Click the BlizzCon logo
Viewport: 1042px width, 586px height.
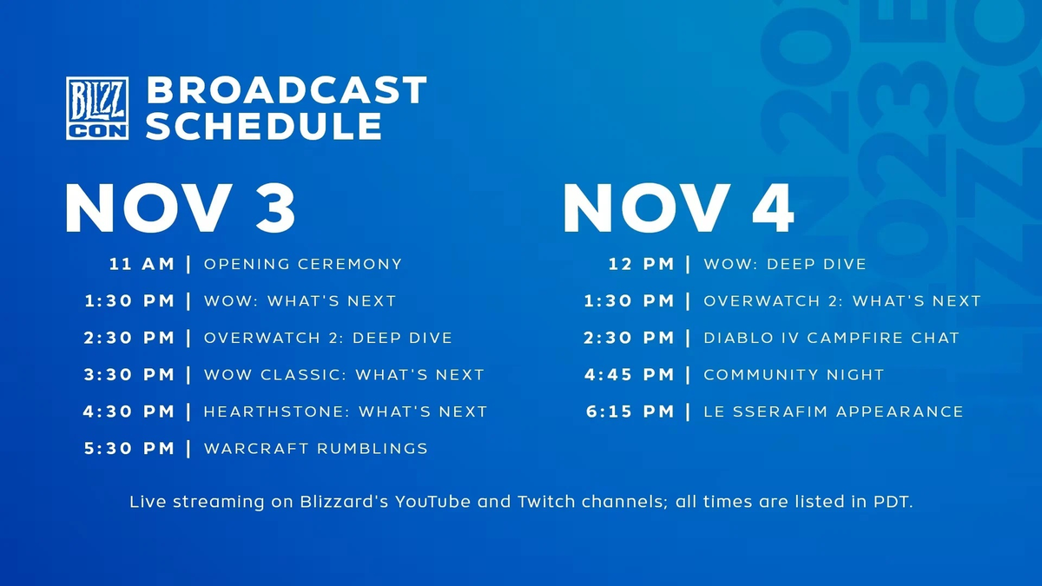pyautogui.click(x=97, y=109)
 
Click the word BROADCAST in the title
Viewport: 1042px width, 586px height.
pyautogui.click(x=287, y=90)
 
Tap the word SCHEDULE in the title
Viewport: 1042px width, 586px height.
pyautogui.click(x=264, y=126)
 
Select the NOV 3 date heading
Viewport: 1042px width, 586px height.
pyautogui.click(x=181, y=208)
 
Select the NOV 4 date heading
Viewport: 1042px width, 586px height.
pyautogui.click(x=678, y=208)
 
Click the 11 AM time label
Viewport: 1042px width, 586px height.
pyautogui.click(x=142, y=264)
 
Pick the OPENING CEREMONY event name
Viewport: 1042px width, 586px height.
pyautogui.click(x=303, y=264)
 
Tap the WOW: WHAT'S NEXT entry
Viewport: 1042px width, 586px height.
pyautogui.click(x=300, y=301)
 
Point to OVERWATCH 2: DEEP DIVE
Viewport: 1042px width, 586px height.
pyautogui.click(x=327, y=338)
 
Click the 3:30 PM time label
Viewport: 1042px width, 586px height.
pyautogui.click(x=129, y=375)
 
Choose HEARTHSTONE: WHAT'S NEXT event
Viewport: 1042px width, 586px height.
pyautogui.click(x=345, y=412)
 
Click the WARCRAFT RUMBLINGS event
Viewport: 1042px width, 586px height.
pyautogui.click(x=315, y=449)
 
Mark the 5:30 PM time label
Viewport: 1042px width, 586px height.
pyautogui.click(x=129, y=449)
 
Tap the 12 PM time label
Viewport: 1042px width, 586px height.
pyautogui.click(x=641, y=264)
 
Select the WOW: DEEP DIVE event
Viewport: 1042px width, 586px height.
pyautogui.click(x=785, y=264)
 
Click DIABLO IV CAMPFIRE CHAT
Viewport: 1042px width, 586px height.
pyautogui.click(x=831, y=338)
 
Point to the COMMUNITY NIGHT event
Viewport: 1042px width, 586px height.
pyautogui.click(x=794, y=375)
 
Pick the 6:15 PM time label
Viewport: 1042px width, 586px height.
pyautogui.click(x=630, y=412)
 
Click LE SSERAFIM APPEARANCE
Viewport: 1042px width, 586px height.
pyautogui.click(x=834, y=412)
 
